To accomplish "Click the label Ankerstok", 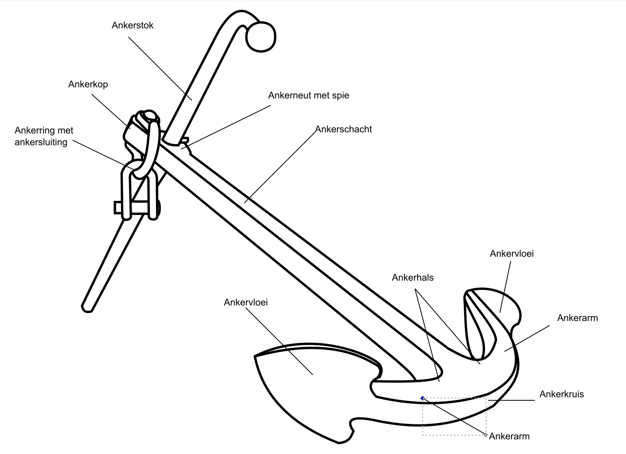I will (x=133, y=25).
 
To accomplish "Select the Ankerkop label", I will (x=88, y=84).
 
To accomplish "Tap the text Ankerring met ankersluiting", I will (x=44, y=136).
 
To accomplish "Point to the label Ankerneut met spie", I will (x=309, y=95).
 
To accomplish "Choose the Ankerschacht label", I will (x=344, y=129).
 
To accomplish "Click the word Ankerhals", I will (x=412, y=278).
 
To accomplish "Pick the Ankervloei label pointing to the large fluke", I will (x=246, y=303).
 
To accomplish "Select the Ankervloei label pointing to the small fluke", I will (x=512, y=254).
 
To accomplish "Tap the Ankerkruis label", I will (x=561, y=394).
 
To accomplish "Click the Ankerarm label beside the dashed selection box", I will (x=509, y=436).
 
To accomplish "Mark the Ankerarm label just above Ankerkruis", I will (x=577, y=318).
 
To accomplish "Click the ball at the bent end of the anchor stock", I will (x=261, y=36).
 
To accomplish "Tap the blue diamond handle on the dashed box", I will (x=423, y=398).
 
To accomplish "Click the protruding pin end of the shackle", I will (x=118, y=207).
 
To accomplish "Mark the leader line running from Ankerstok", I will (x=160, y=68).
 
